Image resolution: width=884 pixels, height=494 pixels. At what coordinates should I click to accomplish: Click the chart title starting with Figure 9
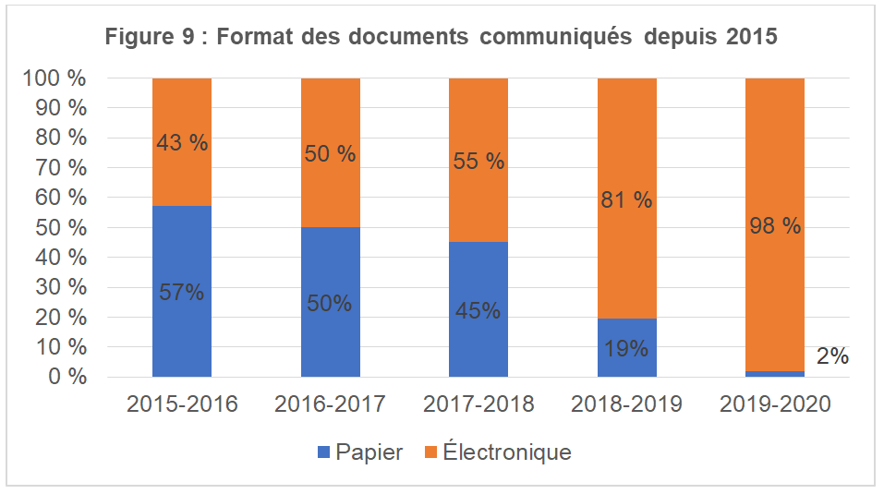pyautogui.click(x=442, y=38)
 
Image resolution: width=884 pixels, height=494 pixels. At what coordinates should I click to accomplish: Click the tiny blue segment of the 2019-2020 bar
pyautogui.click(x=775, y=374)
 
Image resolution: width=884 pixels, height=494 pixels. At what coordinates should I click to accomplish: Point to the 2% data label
pyautogui.click(x=832, y=356)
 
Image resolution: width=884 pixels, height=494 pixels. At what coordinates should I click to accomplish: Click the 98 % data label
pyautogui.click(x=775, y=226)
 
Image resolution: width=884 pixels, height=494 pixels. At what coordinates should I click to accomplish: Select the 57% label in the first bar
pyautogui.click(x=182, y=293)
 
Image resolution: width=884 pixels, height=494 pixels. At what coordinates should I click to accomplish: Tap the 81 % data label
pyautogui.click(x=627, y=199)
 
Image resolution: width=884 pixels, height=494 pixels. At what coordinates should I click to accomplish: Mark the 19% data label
pyautogui.click(x=627, y=349)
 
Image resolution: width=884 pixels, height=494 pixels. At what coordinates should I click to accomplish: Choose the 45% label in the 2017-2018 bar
pyautogui.click(x=478, y=311)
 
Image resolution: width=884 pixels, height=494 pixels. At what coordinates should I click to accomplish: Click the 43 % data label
pyautogui.click(x=182, y=143)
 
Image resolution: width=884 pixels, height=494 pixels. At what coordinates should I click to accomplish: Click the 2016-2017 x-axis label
pyautogui.click(x=331, y=404)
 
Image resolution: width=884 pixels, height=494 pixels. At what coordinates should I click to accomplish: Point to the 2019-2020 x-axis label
pyautogui.click(x=776, y=404)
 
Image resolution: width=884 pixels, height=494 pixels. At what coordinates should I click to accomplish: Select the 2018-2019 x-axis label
pyautogui.click(x=627, y=404)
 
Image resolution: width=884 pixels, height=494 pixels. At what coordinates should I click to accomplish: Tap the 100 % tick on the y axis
pyautogui.click(x=54, y=78)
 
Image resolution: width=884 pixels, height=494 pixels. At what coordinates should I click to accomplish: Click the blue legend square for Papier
pyautogui.click(x=322, y=452)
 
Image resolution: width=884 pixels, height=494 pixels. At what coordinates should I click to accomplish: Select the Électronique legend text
pyautogui.click(x=507, y=452)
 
